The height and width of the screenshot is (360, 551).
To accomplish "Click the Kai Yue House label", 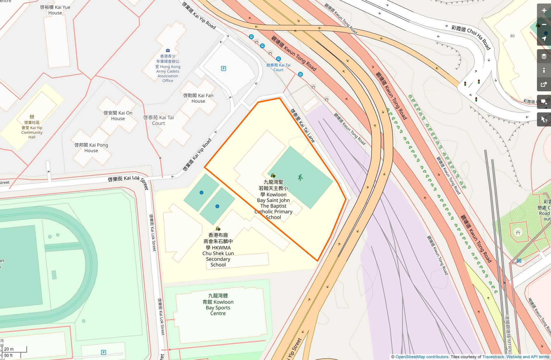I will click(55, 10).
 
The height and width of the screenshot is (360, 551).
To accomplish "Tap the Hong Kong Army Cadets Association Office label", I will click(168, 68).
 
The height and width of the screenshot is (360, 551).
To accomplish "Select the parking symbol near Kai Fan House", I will click(223, 68).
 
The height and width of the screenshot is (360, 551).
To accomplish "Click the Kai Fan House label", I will click(198, 98).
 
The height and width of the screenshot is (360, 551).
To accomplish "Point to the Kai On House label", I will click(118, 116).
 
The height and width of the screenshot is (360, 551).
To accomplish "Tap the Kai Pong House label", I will click(91, 148).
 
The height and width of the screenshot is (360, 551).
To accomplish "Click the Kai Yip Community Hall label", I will click(32, 130).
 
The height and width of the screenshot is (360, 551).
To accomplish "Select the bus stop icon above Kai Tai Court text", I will click(278, 59).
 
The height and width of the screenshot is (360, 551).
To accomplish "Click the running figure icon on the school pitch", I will click(300, 177).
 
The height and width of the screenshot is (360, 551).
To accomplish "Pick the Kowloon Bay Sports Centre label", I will click(218, 305).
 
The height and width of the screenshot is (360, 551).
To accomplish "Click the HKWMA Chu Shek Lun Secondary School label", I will click(218, 250).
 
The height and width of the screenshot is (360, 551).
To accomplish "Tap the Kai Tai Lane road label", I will click(303, 126).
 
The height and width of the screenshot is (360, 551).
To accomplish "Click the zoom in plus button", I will click(544, 11).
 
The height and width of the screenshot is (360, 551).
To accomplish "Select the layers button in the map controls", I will click(544, 56).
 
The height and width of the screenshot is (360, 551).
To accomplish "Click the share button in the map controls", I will click(544, 84).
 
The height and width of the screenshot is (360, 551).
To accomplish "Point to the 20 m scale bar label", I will click(9, 349).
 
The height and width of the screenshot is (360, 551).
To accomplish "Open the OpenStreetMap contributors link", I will click(422, 357).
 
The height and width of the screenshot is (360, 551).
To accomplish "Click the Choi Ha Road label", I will click(471, 37).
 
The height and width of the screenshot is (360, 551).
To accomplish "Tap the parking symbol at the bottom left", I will click(104, 352).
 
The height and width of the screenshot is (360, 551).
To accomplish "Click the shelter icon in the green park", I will click(518, 233).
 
